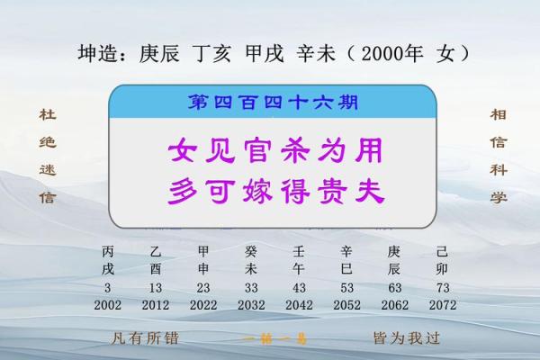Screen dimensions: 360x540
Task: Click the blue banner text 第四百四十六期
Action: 272,102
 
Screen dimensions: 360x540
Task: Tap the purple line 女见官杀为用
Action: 276,151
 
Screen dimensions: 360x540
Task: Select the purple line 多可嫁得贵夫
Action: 276,191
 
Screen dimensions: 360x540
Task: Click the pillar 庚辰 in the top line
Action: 159,53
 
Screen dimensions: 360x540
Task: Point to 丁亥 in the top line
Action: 211,53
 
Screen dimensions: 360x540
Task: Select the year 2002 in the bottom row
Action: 108,305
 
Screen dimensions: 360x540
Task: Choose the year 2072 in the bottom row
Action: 442,305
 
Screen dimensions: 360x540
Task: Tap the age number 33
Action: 251,288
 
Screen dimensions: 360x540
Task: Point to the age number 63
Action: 394,288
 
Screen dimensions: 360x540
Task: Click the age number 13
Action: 156,288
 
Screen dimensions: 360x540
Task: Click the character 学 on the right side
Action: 497,197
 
